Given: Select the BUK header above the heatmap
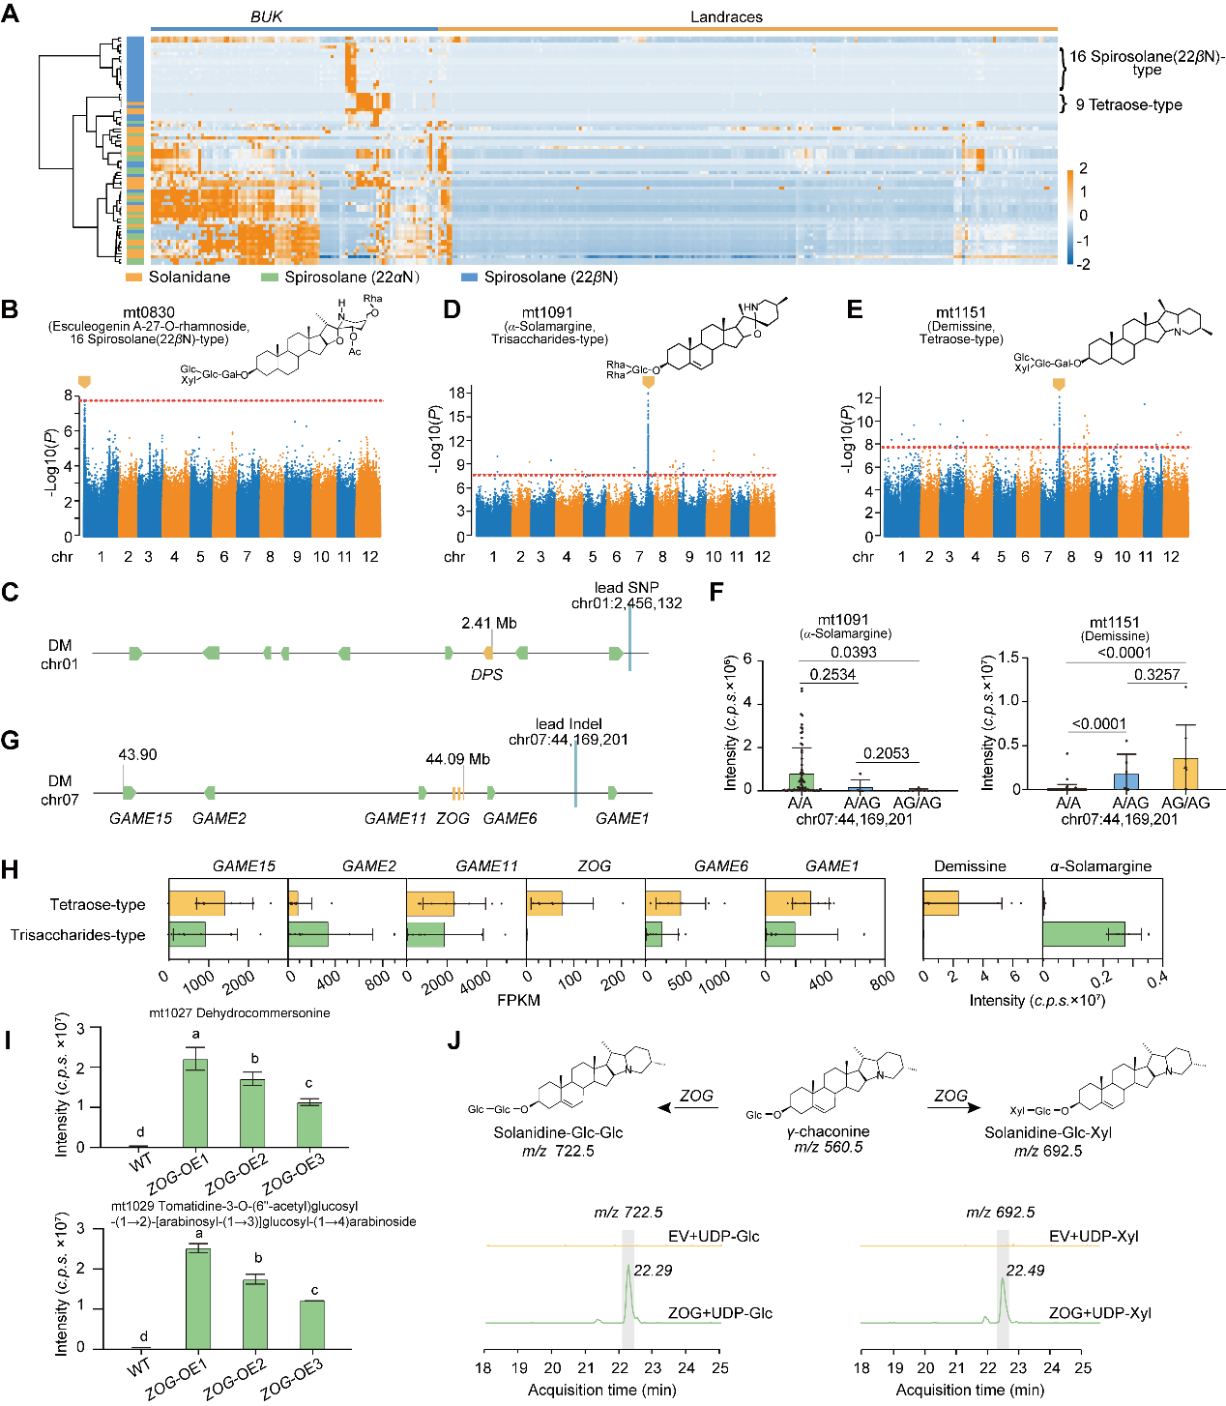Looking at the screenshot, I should pyautogui.click(x=266, y=16).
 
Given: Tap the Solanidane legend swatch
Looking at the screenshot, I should pyautogui.click(x=133, y=278).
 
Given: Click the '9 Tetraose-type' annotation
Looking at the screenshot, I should pyautogui.click(x=1128, y=104).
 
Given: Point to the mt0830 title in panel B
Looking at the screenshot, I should pyautogui.click(x=149, y=312).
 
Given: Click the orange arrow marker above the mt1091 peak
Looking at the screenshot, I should pyautogui.click(x=648, y=383).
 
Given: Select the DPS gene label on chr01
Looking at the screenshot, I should pyautogui.click(x=486, y=675).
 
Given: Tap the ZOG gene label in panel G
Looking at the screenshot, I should pyautogui.click(x=452, y=818).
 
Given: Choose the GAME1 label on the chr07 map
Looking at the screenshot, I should pyautogui.click(x=622, y=818).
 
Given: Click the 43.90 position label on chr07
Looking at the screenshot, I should pyautogui.click(x=137, y=755).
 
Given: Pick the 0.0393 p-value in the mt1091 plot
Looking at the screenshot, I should pyautogui.click(x=854, y=653).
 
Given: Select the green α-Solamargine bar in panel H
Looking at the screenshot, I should pyautogui.click(x=1084, y=934).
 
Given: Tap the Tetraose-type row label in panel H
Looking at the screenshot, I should pyautogui.click(x=98, y=905).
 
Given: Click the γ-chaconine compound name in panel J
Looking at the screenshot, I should pyautogui.click(x=828, y=1131).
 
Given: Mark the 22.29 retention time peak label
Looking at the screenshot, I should pyautogui.click(x=653, y=1271).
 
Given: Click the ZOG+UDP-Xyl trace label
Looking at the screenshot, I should pyautogui.click(x=1099, y=1313).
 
